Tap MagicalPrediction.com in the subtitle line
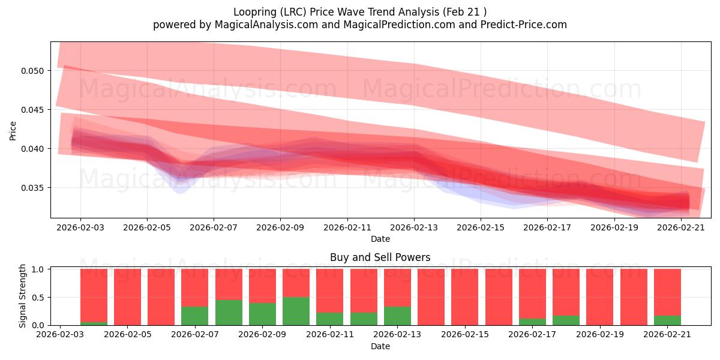[x=399, y=25]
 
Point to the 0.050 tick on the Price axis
[x=32, y=71]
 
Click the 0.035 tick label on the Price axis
[x=32, y=188]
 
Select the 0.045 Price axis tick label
[x=32, y=110]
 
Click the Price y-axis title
[x=13, y=131]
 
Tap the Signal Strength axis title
[x=22, y=296]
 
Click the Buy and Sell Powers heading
[x=380, y=257]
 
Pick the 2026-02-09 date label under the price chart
[x=280, y=227]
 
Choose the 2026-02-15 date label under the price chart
[x=481, y=227]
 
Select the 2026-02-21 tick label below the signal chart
[x=667, y=335]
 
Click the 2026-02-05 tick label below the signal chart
[x=128, y=335]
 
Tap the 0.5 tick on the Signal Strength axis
[x=38, y=298]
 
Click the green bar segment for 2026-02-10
[x=296, y=311]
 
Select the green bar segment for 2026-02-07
[x=195, y=316]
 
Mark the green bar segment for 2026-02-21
[x=667, y=320]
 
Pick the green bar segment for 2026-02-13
[x=397, y=316]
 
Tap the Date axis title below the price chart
[x=380, y=239]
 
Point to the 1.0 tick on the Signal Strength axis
[x=38, y=269]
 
